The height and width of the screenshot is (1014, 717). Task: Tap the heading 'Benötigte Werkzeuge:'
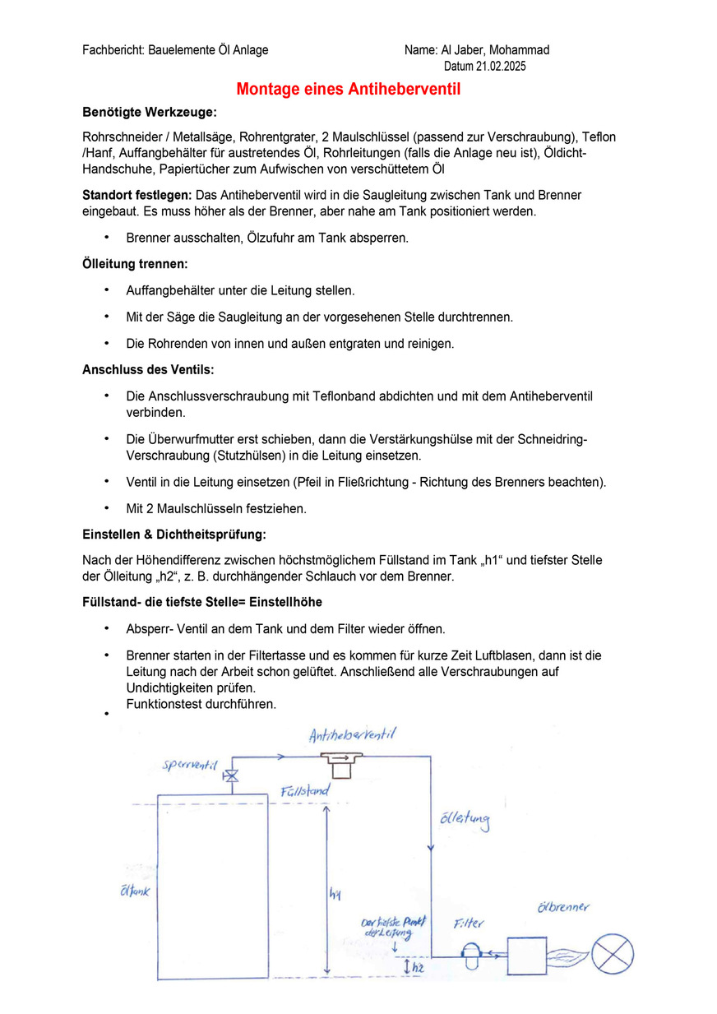click(150, 112)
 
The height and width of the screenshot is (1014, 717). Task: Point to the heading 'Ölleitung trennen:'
click(135, 265)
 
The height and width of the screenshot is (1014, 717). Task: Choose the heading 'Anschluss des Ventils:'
click(148, 369)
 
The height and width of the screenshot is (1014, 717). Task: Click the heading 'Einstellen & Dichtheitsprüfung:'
click(174, 535)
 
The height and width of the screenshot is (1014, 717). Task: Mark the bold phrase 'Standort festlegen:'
click(136, 195)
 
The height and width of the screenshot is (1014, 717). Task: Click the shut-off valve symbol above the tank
click(230, 776)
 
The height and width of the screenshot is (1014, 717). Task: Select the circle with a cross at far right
click(613, 956)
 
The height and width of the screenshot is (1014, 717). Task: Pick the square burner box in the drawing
click(527, 956)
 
